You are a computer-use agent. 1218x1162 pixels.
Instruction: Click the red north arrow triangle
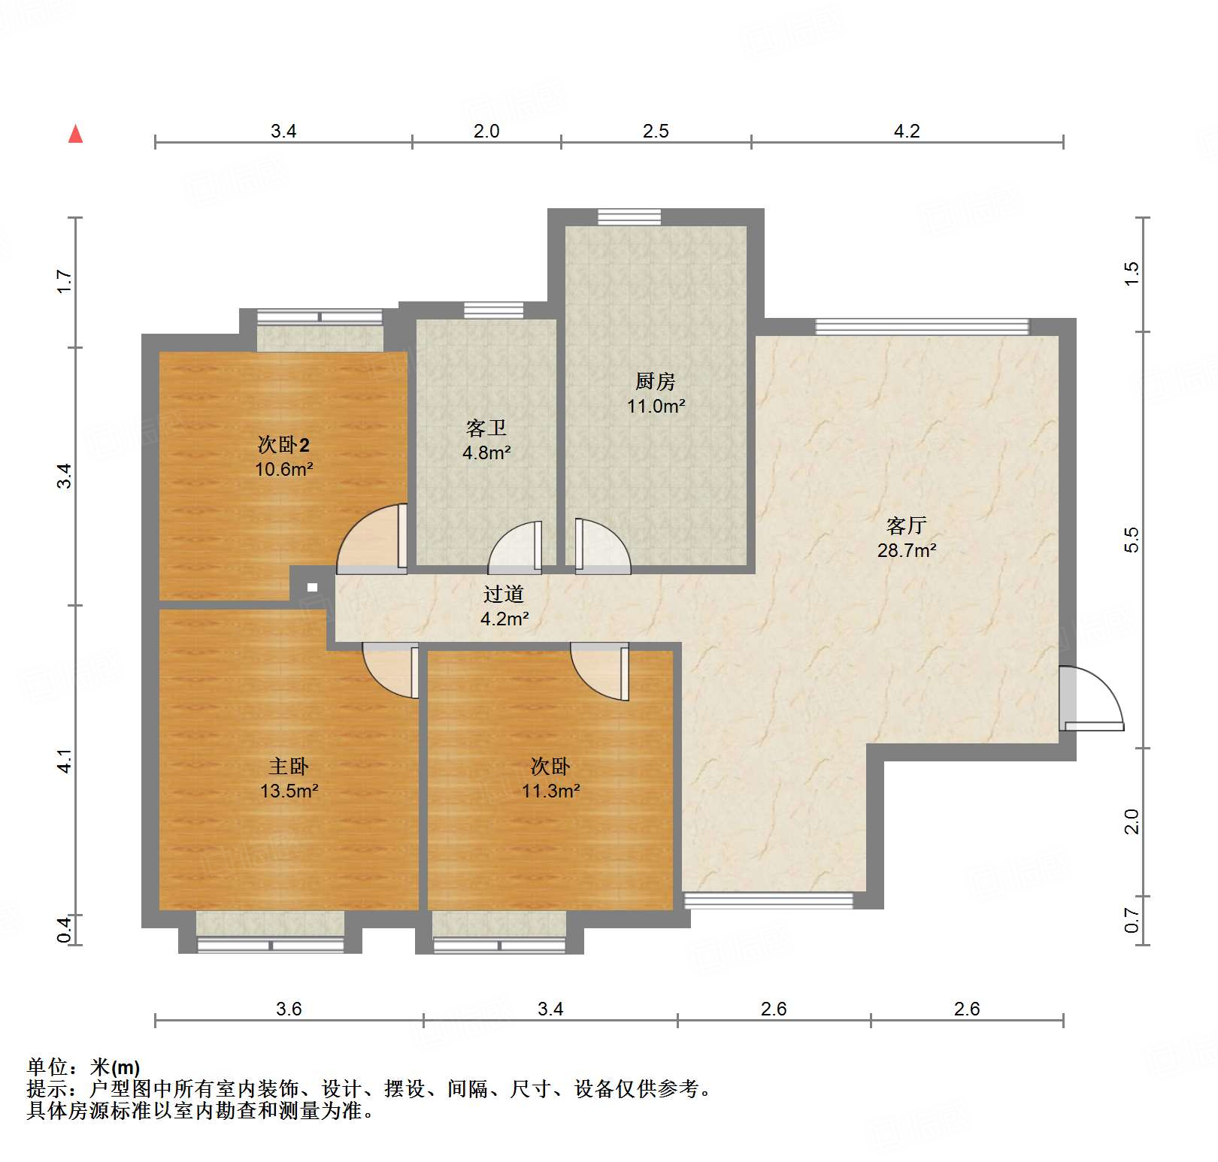[75, 134]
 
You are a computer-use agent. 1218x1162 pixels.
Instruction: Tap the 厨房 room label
[656, 381]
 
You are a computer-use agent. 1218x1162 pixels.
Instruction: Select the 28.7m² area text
[907, 550]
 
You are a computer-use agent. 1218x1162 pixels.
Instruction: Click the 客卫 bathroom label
[486, 428]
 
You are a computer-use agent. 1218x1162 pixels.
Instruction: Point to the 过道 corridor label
[504, 594]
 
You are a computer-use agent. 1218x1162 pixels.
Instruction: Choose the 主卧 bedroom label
[289, 766]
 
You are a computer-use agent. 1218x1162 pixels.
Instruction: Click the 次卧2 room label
[283, 444]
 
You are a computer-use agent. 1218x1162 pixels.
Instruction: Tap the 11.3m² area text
[551, 791]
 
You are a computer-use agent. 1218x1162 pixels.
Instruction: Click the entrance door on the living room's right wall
[1091, 698]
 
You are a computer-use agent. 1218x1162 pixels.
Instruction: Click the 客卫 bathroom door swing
[515, 547]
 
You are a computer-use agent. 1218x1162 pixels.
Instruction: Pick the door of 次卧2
[372, 539]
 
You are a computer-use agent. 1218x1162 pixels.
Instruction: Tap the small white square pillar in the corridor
[312, 588]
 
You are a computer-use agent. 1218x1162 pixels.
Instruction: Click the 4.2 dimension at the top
[907, 131]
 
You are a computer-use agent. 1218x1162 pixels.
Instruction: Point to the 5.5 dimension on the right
[1132, 540]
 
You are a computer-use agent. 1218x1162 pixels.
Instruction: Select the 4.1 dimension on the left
[65, 761]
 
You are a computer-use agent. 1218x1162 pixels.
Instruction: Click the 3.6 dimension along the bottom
[289, 1009]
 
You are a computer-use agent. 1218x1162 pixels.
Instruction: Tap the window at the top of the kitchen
[629, 217]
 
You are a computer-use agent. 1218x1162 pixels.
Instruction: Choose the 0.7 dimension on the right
[1132, 920]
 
